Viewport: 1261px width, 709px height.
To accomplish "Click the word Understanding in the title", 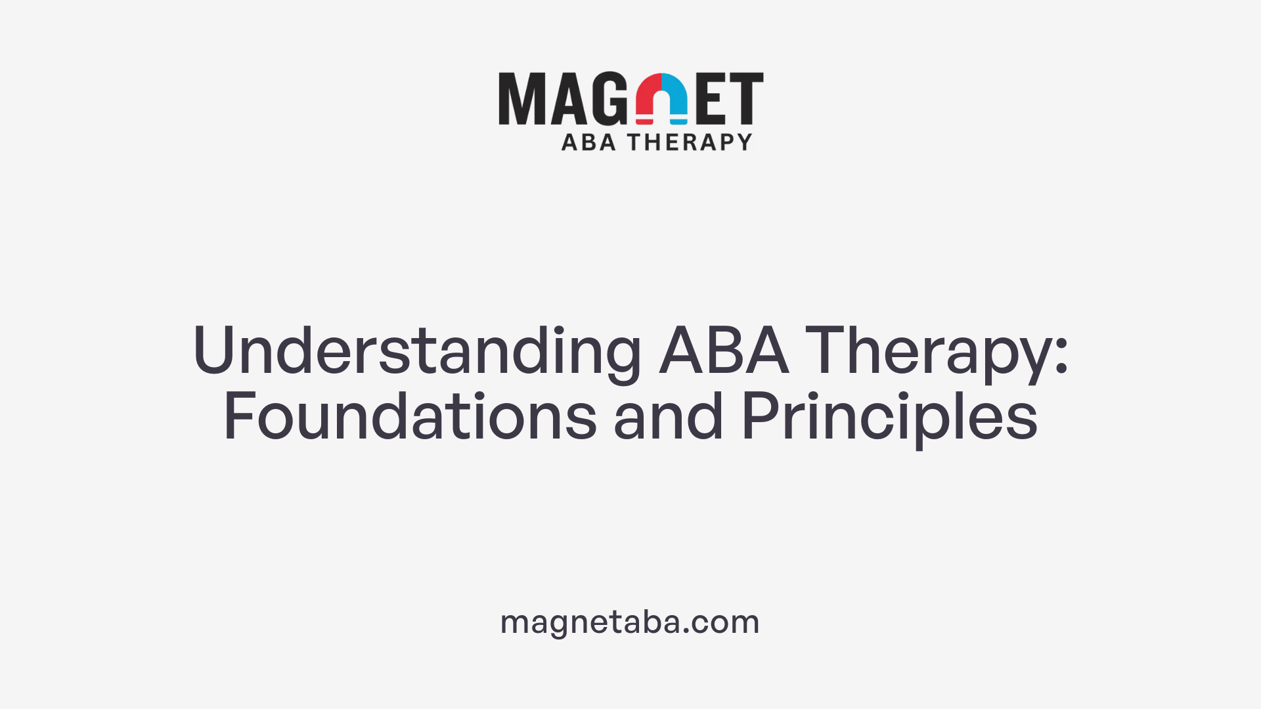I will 416,351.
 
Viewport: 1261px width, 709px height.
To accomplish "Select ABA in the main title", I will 724,351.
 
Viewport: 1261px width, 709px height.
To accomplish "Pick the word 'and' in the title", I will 669,416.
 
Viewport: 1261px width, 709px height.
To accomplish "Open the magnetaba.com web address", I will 630,622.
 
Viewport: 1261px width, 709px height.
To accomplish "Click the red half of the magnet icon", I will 648,95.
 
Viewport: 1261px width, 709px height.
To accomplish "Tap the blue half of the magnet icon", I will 675,95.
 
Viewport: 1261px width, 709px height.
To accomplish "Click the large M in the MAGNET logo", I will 522,98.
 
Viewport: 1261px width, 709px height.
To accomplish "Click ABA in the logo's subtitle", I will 588,142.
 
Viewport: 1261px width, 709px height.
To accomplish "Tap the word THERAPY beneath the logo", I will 690,142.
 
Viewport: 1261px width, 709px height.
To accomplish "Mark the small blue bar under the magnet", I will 678,121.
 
